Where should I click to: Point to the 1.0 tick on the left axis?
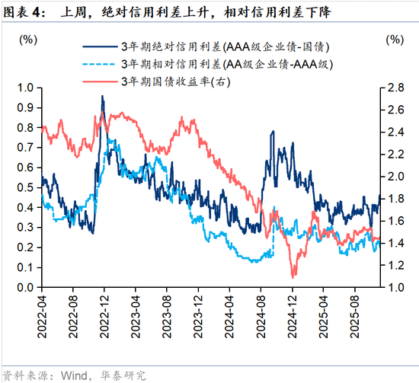pos(25,88)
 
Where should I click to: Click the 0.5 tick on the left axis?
pos(25,187)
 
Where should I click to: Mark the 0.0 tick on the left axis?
pos(25,287)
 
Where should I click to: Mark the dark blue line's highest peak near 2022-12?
pos(102,97)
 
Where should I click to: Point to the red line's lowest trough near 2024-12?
pos(293,276)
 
